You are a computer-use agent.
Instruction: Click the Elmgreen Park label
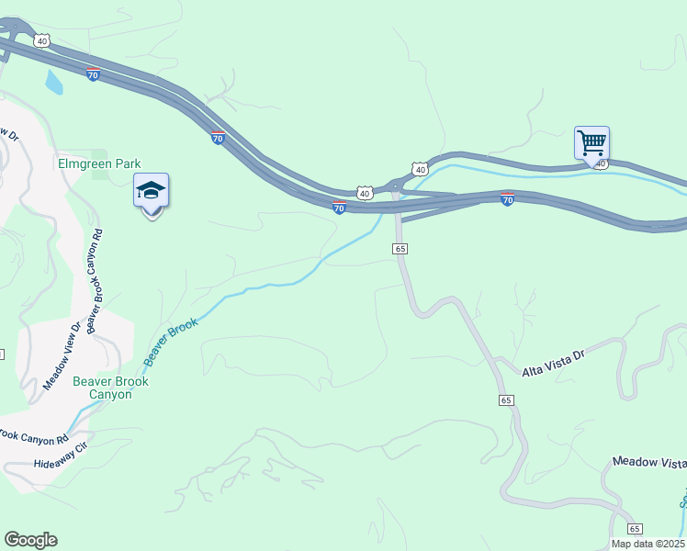tap(98, 164)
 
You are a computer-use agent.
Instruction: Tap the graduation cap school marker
tap(151, 192)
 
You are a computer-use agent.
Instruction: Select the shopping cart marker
tap(591, 143)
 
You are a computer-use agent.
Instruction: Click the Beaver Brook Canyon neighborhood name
tap(110, 388)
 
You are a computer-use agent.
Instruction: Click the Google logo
tap(30, 540)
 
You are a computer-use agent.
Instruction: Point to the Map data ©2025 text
tap(648, 544)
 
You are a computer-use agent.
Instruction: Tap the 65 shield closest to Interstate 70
tap(400, 249)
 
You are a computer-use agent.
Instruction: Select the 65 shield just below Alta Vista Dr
tap(506, 400)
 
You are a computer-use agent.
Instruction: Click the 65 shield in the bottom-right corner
tap(635, 528)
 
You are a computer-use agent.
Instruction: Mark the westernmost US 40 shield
tap(41, 40)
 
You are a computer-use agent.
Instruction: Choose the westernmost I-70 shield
tap(93, 74)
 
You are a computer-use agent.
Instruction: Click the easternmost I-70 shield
tap(507, 198)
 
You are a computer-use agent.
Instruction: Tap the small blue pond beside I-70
tap(53, 84)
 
